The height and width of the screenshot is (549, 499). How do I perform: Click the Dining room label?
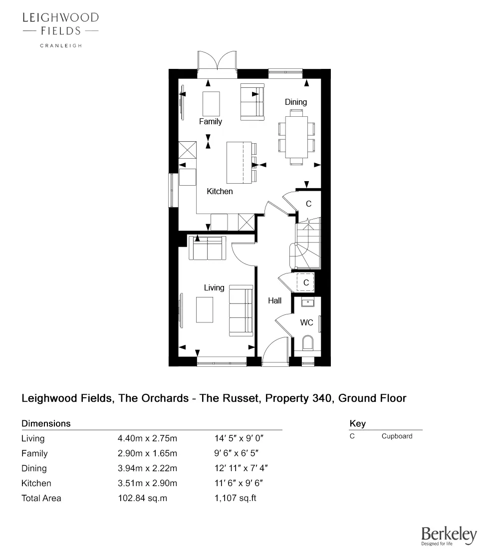click(x=296, y=102)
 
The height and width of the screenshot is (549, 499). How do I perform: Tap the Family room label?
click(x=210, y=121)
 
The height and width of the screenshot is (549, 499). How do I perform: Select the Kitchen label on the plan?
click(x=220, y=191)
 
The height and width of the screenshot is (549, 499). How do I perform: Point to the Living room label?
click(x=214, y=287)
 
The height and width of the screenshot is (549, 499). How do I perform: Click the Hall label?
click(x=274, y=300)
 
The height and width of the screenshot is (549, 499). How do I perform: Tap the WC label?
click(x=306, y=323)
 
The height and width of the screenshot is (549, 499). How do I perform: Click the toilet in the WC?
click(x=307, y=343)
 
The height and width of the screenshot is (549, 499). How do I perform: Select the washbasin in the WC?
click(x=307, y=302)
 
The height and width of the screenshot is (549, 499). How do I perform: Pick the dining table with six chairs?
click(x=296, y=137)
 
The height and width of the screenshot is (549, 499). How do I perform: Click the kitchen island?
click(x=239, y=163)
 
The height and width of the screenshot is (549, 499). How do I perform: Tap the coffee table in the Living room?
click(x=205, y=310)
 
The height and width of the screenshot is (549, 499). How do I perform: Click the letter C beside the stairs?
click(x=308, y=204)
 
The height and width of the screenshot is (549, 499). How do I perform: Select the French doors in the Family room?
click(x=217, y=64)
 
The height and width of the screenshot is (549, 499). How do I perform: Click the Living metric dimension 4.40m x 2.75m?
click(x=147, y=439)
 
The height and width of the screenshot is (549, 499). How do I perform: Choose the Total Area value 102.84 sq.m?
click(x=144, y=498)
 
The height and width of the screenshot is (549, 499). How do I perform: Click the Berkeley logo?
click(x=449, y=536)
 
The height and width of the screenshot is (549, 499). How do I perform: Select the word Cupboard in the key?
click(x=397, y=436)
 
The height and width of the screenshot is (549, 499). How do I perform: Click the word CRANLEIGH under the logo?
click(x=60, y=45)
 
